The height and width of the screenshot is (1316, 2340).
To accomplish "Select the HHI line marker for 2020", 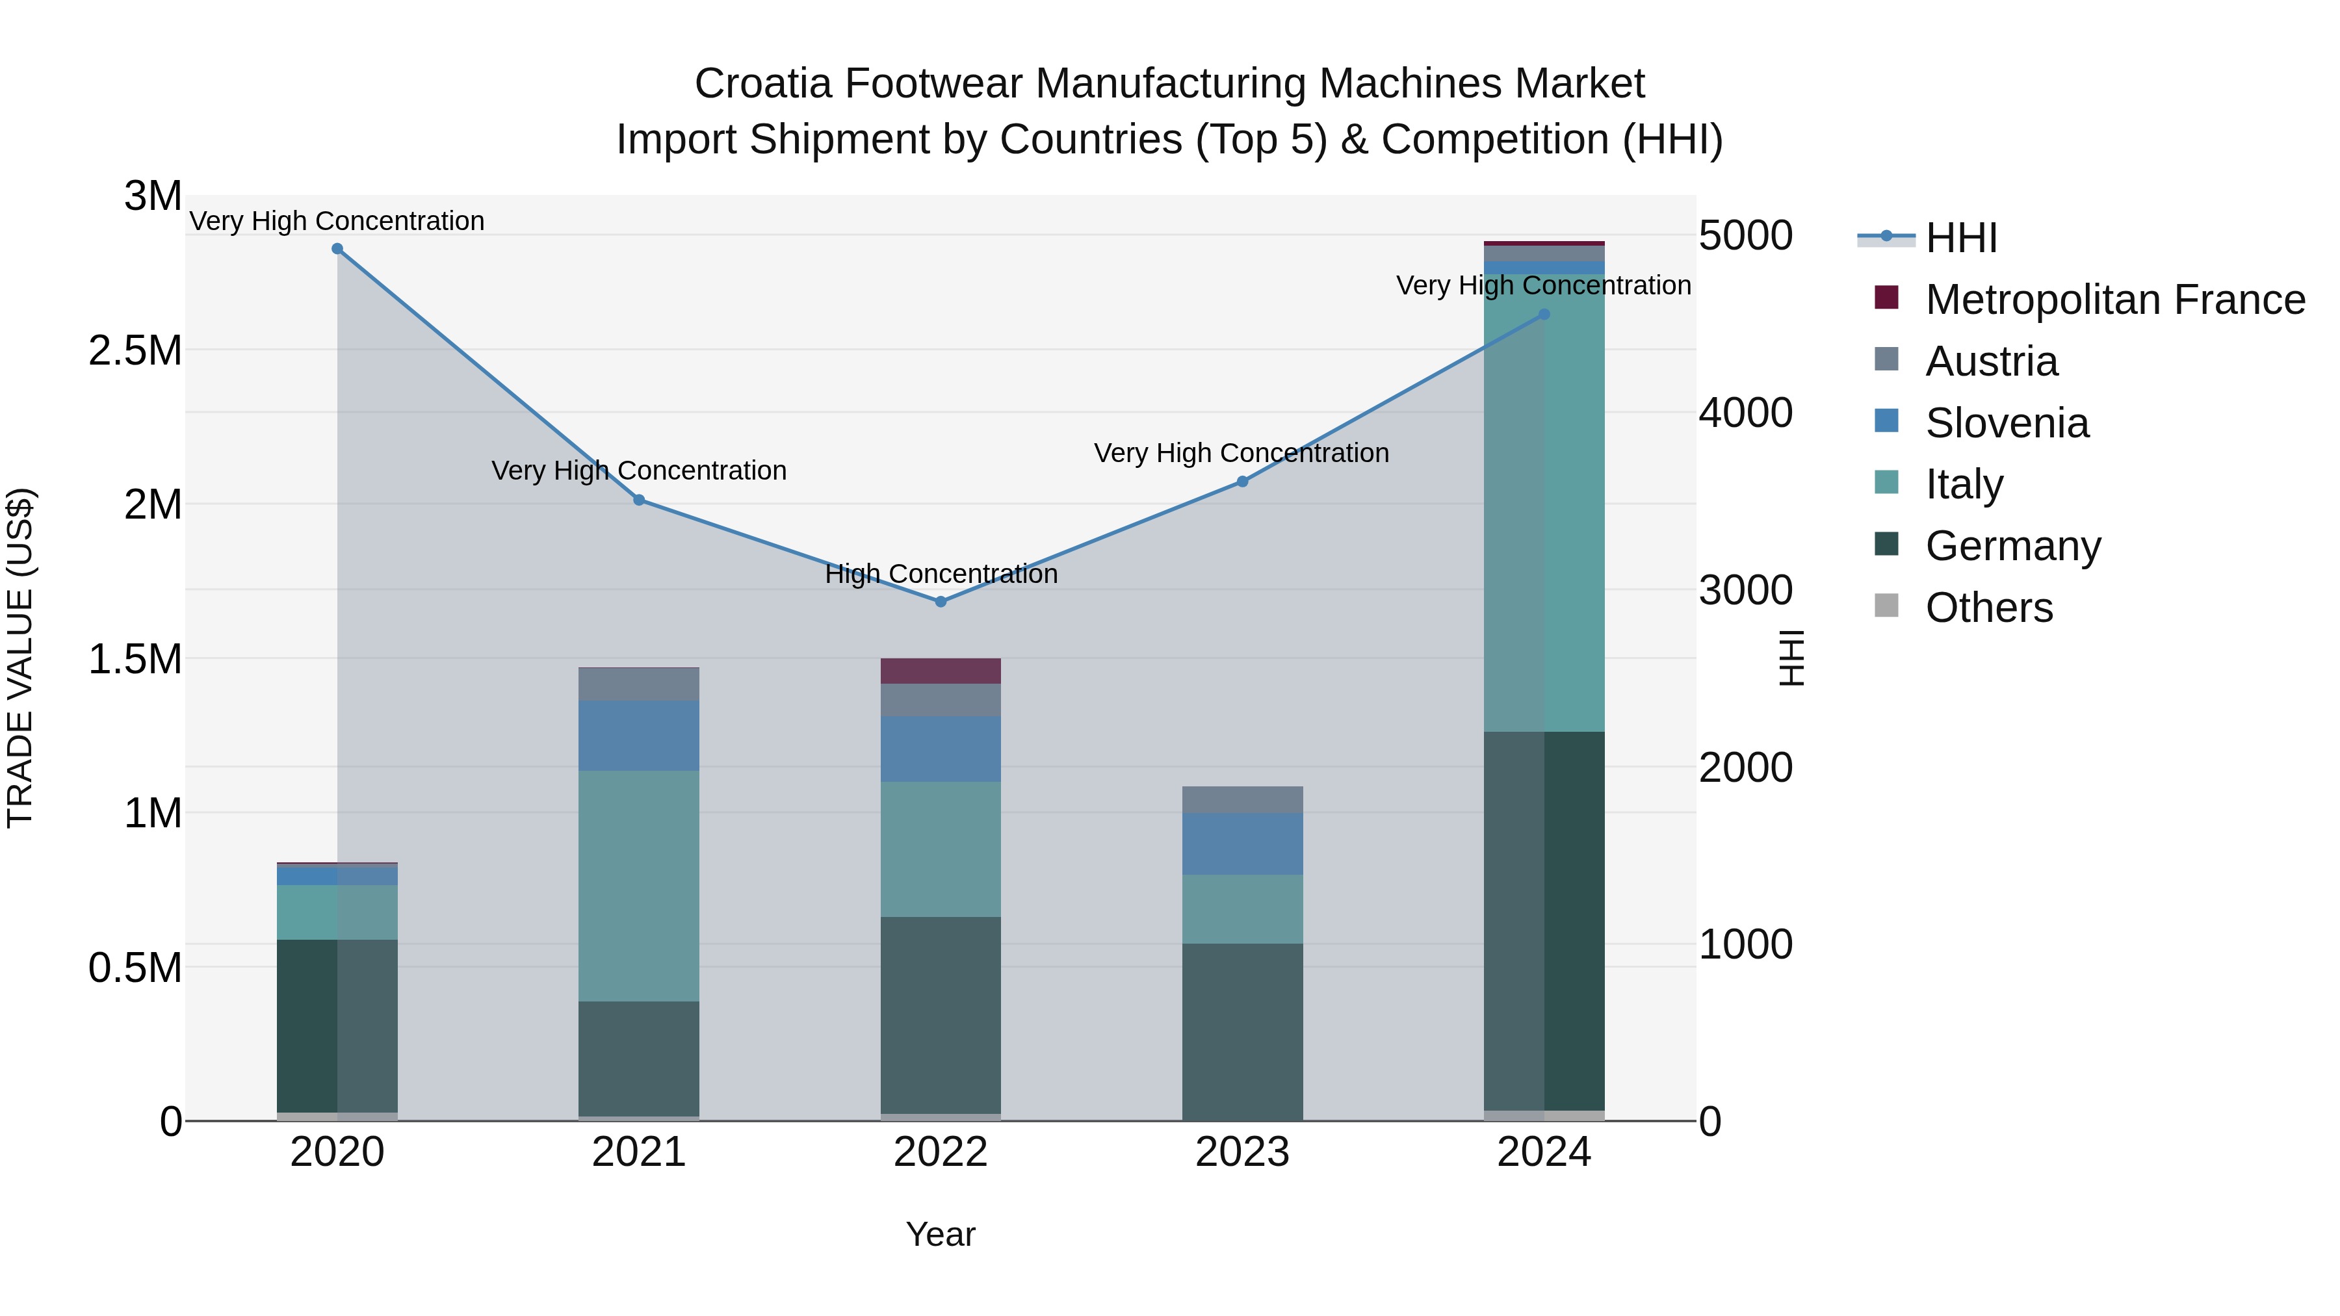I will click(337, 249).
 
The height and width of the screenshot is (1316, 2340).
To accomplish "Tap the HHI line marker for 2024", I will click(1544, 315).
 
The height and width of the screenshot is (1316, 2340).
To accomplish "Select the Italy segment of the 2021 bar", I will click(638, 886).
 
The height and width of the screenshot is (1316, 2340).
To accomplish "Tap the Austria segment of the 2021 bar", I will click(638, 684).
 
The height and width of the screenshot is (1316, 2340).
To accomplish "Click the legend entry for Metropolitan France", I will click(2114, 300).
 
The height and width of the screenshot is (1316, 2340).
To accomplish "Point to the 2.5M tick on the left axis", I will click(135, 350).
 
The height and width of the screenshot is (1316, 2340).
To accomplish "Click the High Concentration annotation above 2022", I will click(941, 574).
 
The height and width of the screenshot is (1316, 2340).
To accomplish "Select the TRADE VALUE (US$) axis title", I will click(20, 658).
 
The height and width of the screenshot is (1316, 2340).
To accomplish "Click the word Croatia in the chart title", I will click(762, 84).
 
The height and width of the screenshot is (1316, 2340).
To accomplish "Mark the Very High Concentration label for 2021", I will click(638, 471).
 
